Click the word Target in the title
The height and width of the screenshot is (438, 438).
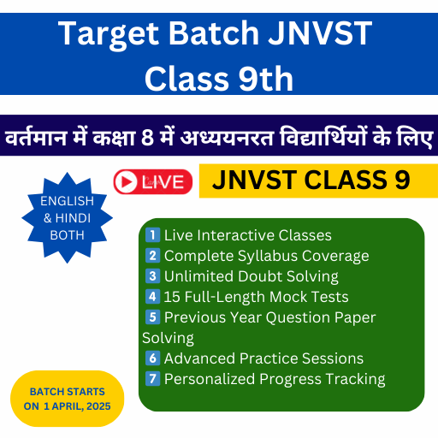pyautogui.click(x=109, y=34)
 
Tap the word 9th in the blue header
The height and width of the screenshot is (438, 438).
pyautogui.click(x=266, y=79)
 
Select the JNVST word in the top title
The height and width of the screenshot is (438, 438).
pyautogui.click(x=320, y=33)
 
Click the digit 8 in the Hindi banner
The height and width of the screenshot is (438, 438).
pyautogui.click(x=147, y=138)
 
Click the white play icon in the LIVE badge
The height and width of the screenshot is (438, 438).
pyautogui.click(x=126, y=182)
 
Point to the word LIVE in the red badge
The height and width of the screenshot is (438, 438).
pyautogui.click(x=163, y=182)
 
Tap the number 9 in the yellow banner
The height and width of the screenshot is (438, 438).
pyautogui.click(x=402, y=181)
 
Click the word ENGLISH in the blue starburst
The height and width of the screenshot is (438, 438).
pyautogui.click(x=67, y=201)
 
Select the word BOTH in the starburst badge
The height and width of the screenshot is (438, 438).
pyautogui.click(x=68, y=235)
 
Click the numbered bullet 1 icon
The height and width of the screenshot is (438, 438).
pyautogui.click(x=152, y=235)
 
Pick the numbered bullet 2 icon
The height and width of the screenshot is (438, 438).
pyautogui.click(x=152, y=256)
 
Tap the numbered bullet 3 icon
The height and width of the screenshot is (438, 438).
pyautogui.click(x=152, y=276)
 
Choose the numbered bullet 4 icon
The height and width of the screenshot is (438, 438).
pyautogui.click(x=152, y=297)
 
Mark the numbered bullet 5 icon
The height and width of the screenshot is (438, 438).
pyautogui.click(x=152, y=317)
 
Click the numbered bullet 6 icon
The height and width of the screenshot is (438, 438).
pyautogui.click(x=152, y=358)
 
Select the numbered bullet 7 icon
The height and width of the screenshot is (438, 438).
pyautogui.click(x=152, y=379)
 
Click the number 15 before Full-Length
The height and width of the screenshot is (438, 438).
pyautogui.click(x=172, y=297)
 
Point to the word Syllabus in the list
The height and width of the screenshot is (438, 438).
pyautogui.click(x=268, y=257)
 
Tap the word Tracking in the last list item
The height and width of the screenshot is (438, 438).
pyautogui.click(x=355, y=380)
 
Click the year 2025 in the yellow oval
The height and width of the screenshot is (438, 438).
pyautogui.click(x=98, y=406)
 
